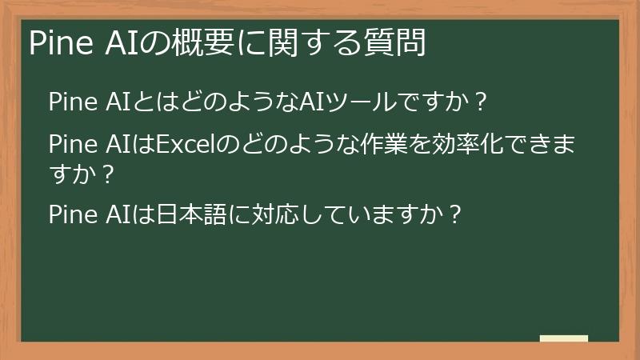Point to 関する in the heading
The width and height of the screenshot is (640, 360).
(308, 44)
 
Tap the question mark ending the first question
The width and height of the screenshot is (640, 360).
(480, 103)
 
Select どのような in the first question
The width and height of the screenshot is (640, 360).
(223, 103)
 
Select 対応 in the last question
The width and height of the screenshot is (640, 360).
(276, 214)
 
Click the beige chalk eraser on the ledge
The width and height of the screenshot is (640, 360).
(563, 338)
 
